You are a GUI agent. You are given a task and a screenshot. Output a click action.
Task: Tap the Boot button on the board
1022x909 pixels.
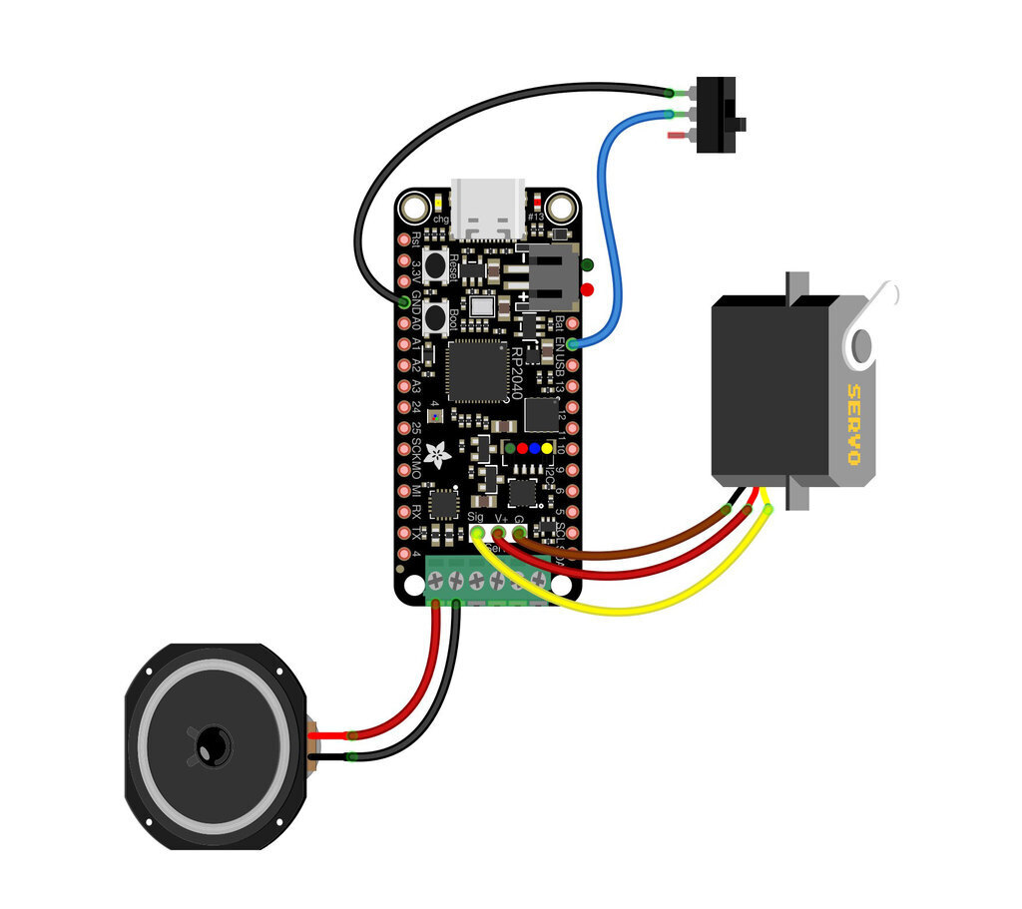click(x=436, y=318)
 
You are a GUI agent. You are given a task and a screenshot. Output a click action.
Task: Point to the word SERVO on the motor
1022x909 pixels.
click(x=853, y=425)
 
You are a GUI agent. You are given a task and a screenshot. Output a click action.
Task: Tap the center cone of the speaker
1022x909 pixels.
click(x=212, y=744)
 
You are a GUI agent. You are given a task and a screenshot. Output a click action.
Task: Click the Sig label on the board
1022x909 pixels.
click(x=475, y=517)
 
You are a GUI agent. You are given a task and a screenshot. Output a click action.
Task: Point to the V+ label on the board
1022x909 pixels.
click(x=501, y=517)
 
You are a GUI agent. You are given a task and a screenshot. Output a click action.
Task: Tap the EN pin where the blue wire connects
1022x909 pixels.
click(x=572, y=343)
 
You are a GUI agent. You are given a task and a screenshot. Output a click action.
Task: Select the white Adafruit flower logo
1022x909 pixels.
click(x=437, y=456)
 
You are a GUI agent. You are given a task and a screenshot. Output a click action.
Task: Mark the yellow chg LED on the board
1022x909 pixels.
click(x=440, y=204)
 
